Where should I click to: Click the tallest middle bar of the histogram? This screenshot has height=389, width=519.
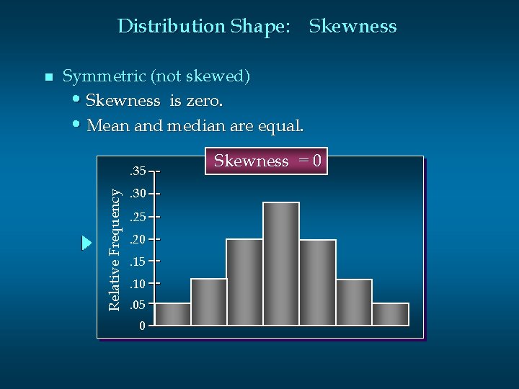tap(281, 264)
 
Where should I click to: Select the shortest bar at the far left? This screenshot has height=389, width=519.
tap(173, 314)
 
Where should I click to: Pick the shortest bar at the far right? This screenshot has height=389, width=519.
tap(390, 314)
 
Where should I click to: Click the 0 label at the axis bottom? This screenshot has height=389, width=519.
tap(143, 327)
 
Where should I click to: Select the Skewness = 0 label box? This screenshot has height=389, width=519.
tap(267, 161)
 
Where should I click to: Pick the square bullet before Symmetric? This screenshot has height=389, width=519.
tap(48, 77)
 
